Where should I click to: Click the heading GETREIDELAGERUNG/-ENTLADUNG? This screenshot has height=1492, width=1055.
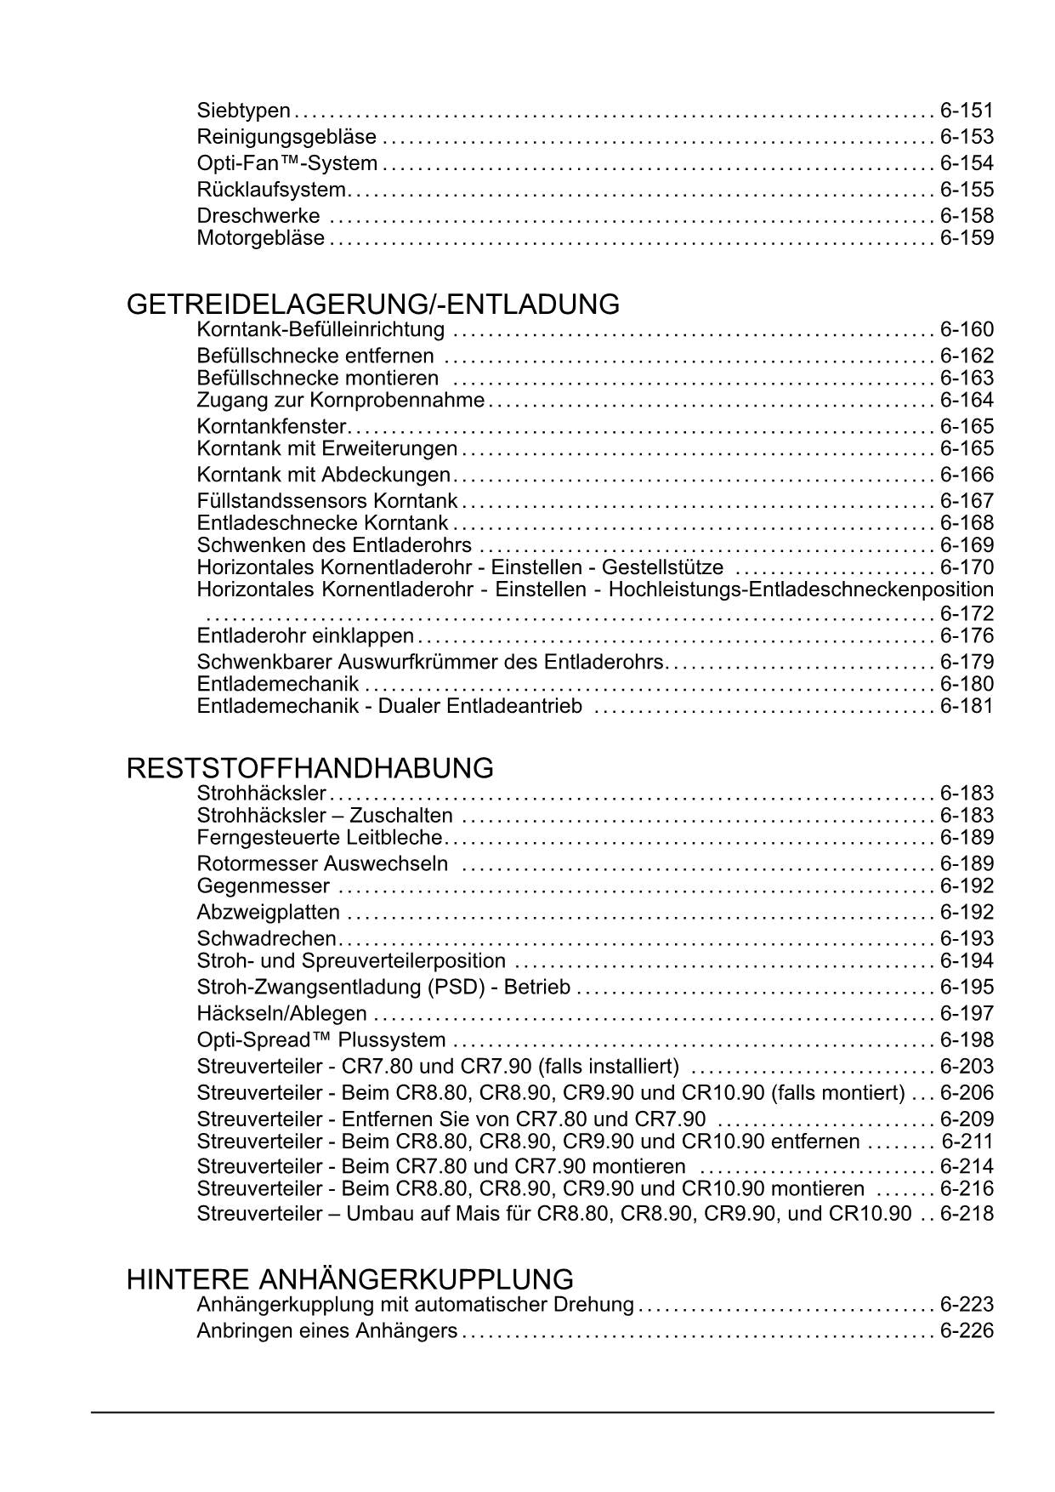pyautogui.click(x=372, y=305)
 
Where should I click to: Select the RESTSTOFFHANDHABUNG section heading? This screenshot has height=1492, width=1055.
pyautogui.click(x=309, y=769)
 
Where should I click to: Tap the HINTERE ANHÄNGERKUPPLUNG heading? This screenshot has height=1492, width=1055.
pyautogui.click(x=349, y=1279)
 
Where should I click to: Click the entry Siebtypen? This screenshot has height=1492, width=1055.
pyautogui.click(x=243, y=111)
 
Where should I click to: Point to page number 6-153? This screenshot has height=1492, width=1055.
pyautogui.click(x=967, y=137)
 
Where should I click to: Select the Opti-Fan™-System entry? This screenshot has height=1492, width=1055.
pyautogui.click(x=286, y=163)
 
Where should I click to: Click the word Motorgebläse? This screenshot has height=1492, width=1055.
pyautogui.click(x=260, y=238)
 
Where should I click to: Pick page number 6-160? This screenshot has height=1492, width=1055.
pyautogui.click(x=967, y=330)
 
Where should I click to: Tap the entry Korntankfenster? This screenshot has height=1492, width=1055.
pyautogui.click(x=271, y=426)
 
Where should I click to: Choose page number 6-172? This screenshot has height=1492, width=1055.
pyautogui.click(x=967, y=613)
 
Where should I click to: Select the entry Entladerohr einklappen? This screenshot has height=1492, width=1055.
pyautogui.click(x=305, y=636)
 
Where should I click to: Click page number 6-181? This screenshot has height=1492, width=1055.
pyautogui.click(x=967, y=706)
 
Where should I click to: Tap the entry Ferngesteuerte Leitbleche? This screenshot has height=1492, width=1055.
pyautogui.click(x=320, y=839)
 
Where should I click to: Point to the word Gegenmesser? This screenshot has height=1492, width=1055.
pyautogui.click(x=263, y=887)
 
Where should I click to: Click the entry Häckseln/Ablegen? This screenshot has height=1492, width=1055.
pyautogui.click(x=281, y=1014)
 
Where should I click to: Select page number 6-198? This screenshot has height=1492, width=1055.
pyautogui.click(x=967, y=1040)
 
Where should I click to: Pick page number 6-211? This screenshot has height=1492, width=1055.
pyautogui.click(x=967, y=1142)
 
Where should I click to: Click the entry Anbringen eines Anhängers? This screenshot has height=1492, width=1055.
pyautogui.click(x=326, y=1331)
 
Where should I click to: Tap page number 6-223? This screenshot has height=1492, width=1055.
pyautogui.click(x=967, y=1305)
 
